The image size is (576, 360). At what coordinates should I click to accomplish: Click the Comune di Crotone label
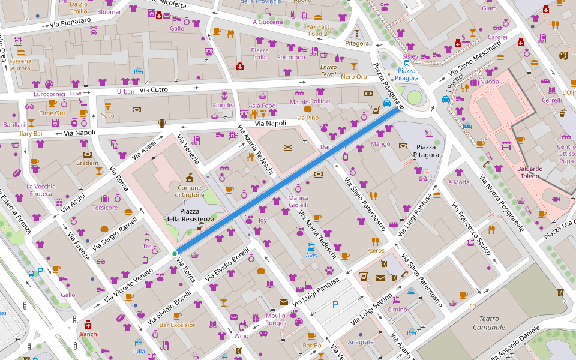188,191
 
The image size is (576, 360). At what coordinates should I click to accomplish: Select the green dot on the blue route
175,254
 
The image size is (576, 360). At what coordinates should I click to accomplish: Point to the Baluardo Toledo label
530,172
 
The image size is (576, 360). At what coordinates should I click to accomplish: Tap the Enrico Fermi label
328,70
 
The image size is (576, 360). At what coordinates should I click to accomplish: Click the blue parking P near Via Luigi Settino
335,305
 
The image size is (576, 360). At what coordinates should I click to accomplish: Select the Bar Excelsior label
177,325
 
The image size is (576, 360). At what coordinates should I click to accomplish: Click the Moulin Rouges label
276,319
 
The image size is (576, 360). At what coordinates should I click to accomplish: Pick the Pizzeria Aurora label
20,64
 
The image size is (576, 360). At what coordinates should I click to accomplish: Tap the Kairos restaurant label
376,250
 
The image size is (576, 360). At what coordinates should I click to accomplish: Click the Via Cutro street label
154,90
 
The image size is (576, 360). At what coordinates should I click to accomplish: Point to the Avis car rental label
311,255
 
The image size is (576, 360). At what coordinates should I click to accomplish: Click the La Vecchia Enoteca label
41,190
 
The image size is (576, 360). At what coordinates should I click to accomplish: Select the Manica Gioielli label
298,201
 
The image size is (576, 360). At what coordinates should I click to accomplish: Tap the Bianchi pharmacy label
88,334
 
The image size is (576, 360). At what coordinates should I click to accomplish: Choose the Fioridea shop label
224,105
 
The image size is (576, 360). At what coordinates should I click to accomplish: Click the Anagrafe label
361,342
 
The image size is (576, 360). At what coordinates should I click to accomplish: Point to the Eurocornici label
49,94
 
